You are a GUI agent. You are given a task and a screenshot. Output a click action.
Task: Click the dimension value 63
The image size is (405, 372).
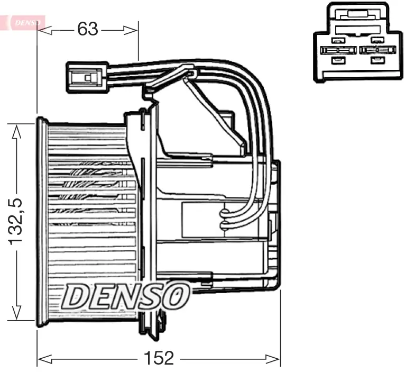(88, 29)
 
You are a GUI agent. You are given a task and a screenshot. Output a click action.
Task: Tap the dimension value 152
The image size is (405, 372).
(159, 358)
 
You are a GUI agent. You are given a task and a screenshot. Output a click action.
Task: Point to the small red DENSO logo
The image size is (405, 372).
(24, 22)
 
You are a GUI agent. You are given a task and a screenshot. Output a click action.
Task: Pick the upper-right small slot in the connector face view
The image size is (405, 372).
(376, 40)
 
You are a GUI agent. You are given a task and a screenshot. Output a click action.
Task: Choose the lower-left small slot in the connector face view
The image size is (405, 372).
(336, 60)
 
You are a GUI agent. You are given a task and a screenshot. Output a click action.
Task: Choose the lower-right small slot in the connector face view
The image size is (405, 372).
(376, 60)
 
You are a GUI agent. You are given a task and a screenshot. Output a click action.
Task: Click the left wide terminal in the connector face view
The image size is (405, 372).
(336, 50)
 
